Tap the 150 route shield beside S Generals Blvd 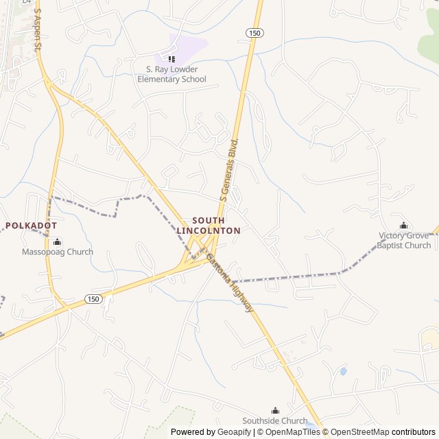pyautogui.click(x=254, y=33)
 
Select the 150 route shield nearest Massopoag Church pyautogui.click(x=93, y=298)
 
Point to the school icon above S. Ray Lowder pyautogui.click(x=171, y=59)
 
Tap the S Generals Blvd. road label pyautogui.click(x=229, y=169)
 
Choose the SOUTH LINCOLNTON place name pyautogui.click(x=209, y=226)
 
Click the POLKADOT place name pyautogui.click(x=32, y=226)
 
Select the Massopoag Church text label pyautogui.click(x=57, y=252)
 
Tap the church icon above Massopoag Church pyautogui.click(x=57, y=241)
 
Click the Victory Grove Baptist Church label pyautogui.click(x=405, y=241)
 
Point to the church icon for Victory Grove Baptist pyautogui.click(x=404, y=226)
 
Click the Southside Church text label pyautogui.click(x=275, y=420)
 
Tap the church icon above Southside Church pyautogui.click(x=276, y=410)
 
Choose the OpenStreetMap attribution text pyautogui.click(x=361, y=432)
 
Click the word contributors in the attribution pyautogui.click(x=414, y=432)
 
